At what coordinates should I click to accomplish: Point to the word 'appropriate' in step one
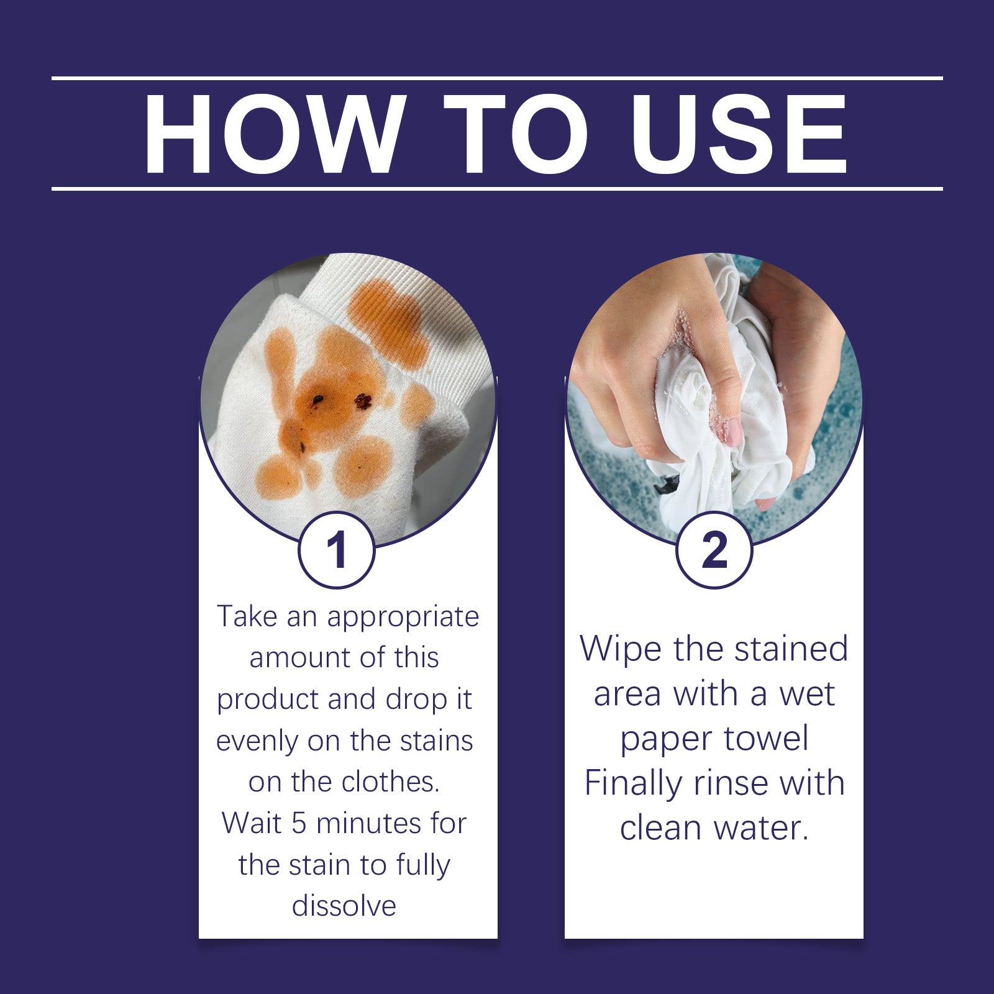tap(403, 617)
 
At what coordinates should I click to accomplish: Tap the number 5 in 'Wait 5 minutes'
tap(299, 824)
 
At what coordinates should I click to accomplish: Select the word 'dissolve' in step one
tap(344, 906)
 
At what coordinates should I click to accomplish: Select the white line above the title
tap(497, 78)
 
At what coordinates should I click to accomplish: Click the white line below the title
tap(497, 188)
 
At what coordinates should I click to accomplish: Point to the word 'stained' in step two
tap(790, 649)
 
